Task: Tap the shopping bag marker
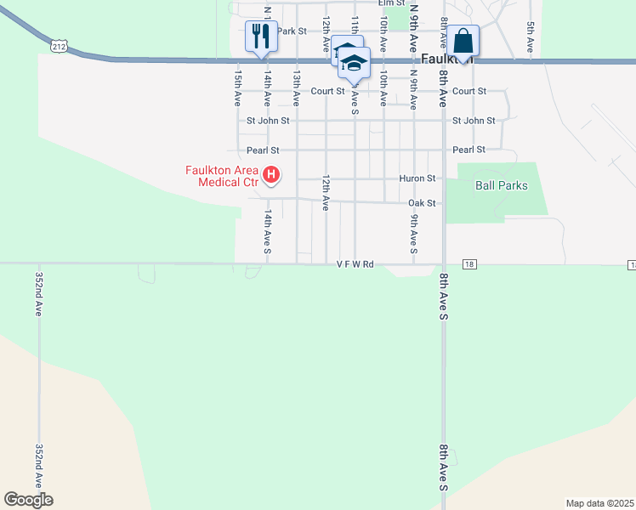463,40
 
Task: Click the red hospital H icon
271,176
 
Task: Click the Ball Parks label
502,185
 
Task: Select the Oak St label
422,203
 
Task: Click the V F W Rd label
355,264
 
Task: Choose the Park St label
291,31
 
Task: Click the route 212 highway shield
59,47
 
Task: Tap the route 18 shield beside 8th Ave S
470,264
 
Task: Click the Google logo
28,500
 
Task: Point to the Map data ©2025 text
599,503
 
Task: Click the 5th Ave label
531,38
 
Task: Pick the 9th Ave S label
413,233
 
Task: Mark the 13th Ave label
297,88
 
